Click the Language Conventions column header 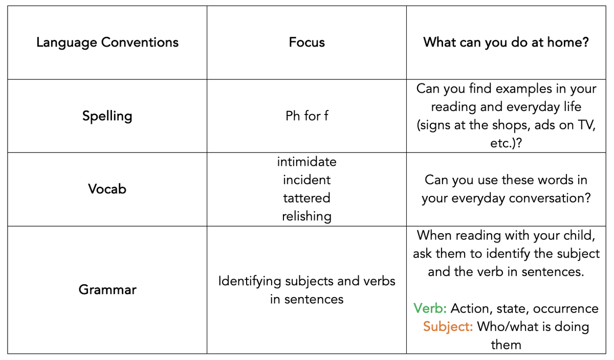point(107,43)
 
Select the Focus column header point(306,42)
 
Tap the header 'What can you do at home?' point(506,43)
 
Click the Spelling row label point(107,116)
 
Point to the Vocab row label point(107,189)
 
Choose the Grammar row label point(107,289)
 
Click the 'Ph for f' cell point(306,116)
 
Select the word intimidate point(306,162)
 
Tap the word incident point(306,180)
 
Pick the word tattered point(306,198)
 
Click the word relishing point(306,216)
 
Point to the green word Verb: point(430,308)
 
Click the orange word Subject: point(448,327)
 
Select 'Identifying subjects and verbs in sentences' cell point(306,290)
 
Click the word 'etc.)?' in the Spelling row point(506,143)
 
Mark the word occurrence point(566,309)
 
